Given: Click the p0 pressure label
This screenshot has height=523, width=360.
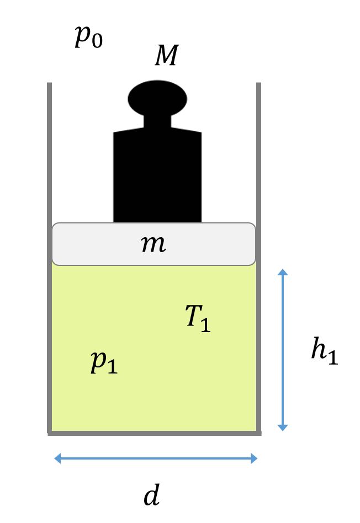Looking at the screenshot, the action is coord(88,37).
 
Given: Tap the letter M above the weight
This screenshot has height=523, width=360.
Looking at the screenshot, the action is coord(167,55).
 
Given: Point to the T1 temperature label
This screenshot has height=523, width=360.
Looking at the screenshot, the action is coord(198,318).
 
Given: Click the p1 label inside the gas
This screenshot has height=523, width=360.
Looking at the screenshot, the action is coord(104,362).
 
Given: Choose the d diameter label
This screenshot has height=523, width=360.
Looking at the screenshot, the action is coord(152,494).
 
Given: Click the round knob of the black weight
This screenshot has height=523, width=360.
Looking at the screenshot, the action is coord(157,98).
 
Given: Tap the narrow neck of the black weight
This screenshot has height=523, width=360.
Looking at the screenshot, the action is coord(157,121).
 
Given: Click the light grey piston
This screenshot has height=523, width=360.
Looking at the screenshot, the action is coord(153,244).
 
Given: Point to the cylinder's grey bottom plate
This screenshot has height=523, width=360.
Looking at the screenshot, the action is coord(154,433).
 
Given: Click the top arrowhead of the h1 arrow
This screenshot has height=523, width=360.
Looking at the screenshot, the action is coord(283,272).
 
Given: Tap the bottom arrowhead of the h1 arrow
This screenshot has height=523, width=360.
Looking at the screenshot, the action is coord(283,428).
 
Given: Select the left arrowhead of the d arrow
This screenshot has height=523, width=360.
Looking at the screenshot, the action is coord(57,458).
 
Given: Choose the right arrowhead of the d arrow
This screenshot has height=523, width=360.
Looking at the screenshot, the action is coord(254,458).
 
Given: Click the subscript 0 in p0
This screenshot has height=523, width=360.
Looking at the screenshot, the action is coord(97,41).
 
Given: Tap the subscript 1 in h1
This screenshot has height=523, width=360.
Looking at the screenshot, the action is coord(333,357).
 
